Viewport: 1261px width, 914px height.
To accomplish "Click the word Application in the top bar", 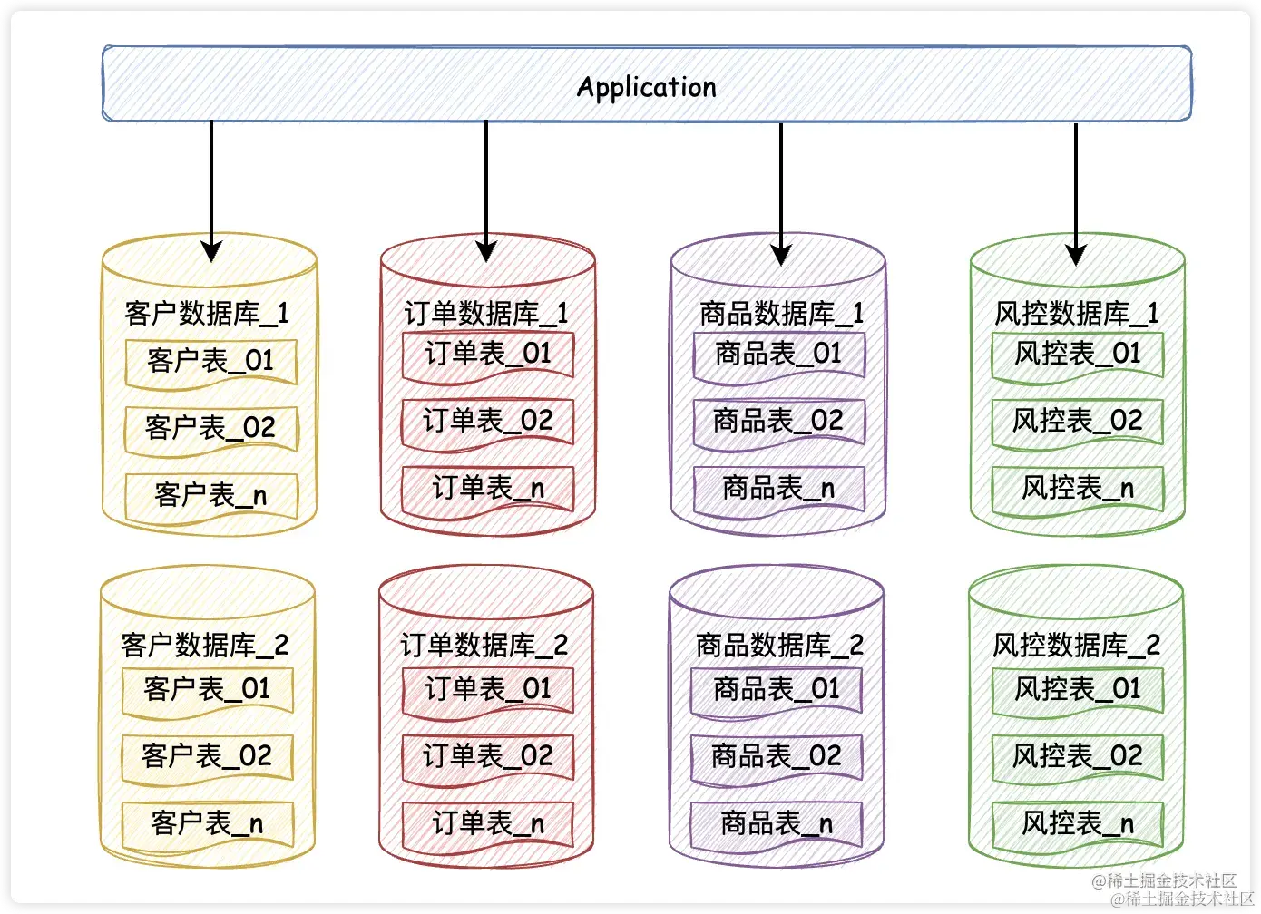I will (646, 87).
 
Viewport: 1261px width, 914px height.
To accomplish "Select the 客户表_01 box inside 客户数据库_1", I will (210, 361).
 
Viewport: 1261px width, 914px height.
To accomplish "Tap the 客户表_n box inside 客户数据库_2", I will (208, 823).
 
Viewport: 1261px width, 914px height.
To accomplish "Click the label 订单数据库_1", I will (486, 314).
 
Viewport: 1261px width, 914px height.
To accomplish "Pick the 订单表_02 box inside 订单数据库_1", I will (488, 421).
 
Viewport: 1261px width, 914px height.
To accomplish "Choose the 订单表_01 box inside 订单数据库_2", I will (488, 689).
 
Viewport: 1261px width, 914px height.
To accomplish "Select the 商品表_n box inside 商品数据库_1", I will (778, 489).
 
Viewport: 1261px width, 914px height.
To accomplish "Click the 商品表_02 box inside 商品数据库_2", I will (777, 756).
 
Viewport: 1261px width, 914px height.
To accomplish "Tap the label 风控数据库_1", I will (1076, 314).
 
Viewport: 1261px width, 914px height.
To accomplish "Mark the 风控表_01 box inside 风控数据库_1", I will (1078, 354).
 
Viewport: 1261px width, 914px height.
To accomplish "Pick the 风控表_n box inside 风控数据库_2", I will (1078, 823).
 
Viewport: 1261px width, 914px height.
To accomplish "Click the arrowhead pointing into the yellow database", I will (211, 251).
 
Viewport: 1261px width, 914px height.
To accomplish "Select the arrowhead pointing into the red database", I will (486, 251).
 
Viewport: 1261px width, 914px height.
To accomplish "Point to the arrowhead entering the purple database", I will (781, 254).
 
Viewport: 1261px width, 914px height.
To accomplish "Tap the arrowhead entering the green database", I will (1076, 254).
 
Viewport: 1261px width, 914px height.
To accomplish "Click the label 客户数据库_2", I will (205, 646).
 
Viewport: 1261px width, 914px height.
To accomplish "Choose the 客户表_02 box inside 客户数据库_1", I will (210, 428).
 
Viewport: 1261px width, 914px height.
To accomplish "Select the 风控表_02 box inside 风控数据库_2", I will (1078, 756).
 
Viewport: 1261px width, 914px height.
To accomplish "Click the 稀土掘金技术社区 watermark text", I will (1170, 889).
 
